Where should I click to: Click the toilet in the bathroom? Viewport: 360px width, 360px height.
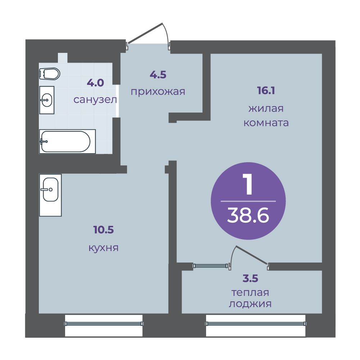tap(50, 74)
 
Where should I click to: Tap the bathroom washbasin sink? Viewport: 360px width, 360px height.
tap(47, 100)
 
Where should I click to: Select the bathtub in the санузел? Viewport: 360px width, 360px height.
tap(67, 141)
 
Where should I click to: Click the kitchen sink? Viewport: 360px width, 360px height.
tap(50, 195)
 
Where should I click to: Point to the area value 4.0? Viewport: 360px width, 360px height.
tap(96, 83)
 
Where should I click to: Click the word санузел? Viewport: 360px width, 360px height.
tap(95, 100)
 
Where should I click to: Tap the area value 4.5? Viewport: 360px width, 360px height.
tap(158, 75)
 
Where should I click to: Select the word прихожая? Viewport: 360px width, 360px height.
tap(158, 92)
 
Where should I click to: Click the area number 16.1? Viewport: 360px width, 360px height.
tap(266, 91)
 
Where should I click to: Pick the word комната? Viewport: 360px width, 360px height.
tap(266, 123)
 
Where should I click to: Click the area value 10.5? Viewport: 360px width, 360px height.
tap(104, 230)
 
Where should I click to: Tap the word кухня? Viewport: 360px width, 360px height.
tap(104, 248)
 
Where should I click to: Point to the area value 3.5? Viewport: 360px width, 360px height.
tap(250, 278)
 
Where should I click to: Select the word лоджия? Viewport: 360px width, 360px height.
tap(250, 304)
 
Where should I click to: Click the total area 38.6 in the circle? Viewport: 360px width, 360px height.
tap(248, 215)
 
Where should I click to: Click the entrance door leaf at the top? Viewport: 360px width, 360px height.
tap(145, 33)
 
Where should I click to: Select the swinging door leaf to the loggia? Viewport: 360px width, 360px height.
tap(252, 255)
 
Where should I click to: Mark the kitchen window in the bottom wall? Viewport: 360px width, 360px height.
tap(104, 324)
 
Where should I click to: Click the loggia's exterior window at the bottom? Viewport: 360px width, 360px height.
tap(256, 324)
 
